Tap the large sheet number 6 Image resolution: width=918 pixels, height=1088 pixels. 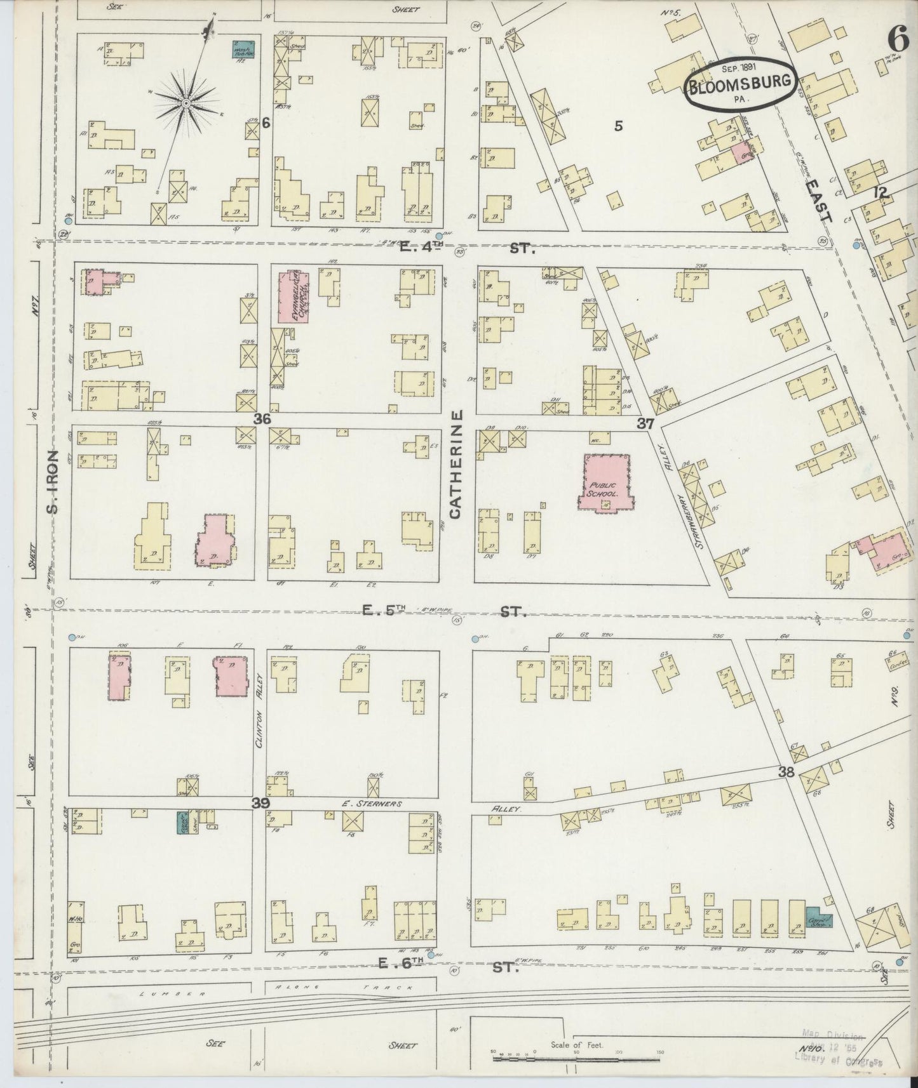[x=898, y=40]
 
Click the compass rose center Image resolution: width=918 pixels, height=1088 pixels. [x=187, y=102]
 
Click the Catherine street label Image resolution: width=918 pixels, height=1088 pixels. [x=458, y=465]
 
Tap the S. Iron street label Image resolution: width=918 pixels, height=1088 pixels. [x=54, y=482]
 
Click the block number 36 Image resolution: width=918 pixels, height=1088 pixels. [x=262, y=419]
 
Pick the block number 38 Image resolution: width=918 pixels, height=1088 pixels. [x=786, y=772]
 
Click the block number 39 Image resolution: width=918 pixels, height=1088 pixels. [x=260, y=803]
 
